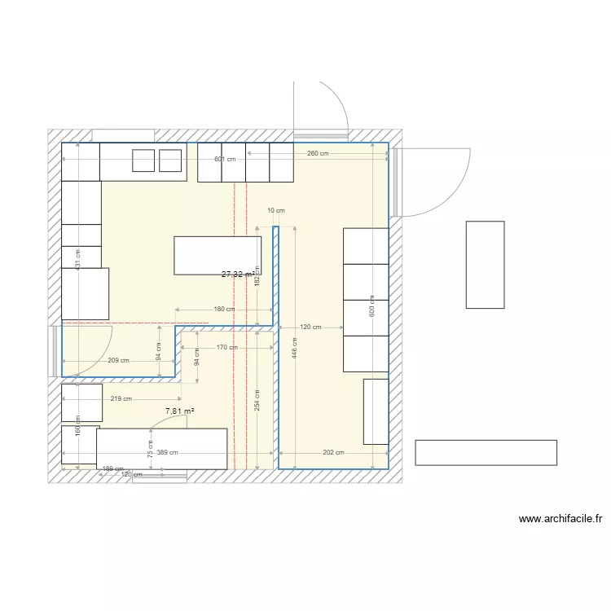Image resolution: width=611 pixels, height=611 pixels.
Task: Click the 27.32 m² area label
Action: [x=237, y=275]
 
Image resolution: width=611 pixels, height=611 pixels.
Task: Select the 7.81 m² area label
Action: [x=179, y=411]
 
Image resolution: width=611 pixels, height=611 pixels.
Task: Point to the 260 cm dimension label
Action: [x=318, y=153]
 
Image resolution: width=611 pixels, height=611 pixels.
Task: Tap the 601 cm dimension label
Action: [x=225, y=159]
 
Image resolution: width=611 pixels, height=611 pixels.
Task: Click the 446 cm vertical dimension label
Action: [x=295, y=349]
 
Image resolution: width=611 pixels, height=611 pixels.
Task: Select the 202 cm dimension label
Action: [x=333, y=453]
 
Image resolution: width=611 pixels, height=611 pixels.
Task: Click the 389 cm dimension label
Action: [x=168, y=453]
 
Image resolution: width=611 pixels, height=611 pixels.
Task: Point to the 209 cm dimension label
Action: [x=118, y=360]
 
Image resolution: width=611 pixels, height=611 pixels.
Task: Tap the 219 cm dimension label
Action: [x=122, y=398]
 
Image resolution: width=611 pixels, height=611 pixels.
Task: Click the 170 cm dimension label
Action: [x=227, y=347]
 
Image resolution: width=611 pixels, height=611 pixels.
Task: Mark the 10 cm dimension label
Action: [x=276, y=210]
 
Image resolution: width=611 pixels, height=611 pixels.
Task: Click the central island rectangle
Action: [x=218, y=255]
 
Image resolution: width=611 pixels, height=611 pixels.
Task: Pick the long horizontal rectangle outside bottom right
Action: [x=486, y=452]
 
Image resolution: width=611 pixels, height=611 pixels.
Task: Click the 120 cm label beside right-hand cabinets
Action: [x=310, y=327]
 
